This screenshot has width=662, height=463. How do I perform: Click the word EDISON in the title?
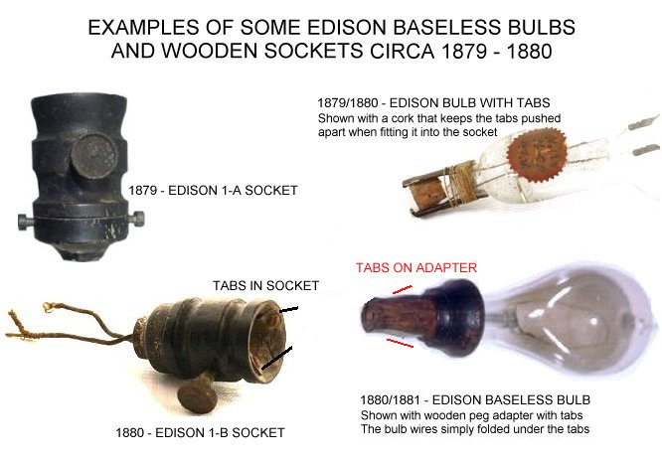click(347, 28)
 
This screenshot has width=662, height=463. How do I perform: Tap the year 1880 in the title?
click(529, 51)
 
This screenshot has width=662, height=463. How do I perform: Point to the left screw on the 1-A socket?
click(26, 222)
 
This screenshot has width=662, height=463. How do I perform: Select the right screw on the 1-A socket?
click(137, 219)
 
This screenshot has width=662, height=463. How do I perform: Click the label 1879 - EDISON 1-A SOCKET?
click(213, 191)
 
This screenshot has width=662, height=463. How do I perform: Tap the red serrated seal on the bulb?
click(536, 154)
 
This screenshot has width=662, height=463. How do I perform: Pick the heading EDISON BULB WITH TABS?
click(469, 103)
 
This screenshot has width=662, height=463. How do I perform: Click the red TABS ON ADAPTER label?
click(416, 267)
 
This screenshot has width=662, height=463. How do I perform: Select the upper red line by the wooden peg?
click(403, 289)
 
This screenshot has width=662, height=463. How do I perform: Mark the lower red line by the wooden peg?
click(401, 343)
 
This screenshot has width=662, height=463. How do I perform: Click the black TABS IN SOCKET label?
click(265, 286)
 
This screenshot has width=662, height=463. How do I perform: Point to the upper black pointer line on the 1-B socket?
click(288, 310)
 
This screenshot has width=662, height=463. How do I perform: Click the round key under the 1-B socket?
click(197, 395)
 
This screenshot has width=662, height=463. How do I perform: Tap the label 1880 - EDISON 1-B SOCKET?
click(200, 432)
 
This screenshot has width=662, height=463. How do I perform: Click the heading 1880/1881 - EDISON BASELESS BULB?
click(475, 399)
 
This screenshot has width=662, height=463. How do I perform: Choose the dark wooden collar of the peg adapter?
click(454, 311)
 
